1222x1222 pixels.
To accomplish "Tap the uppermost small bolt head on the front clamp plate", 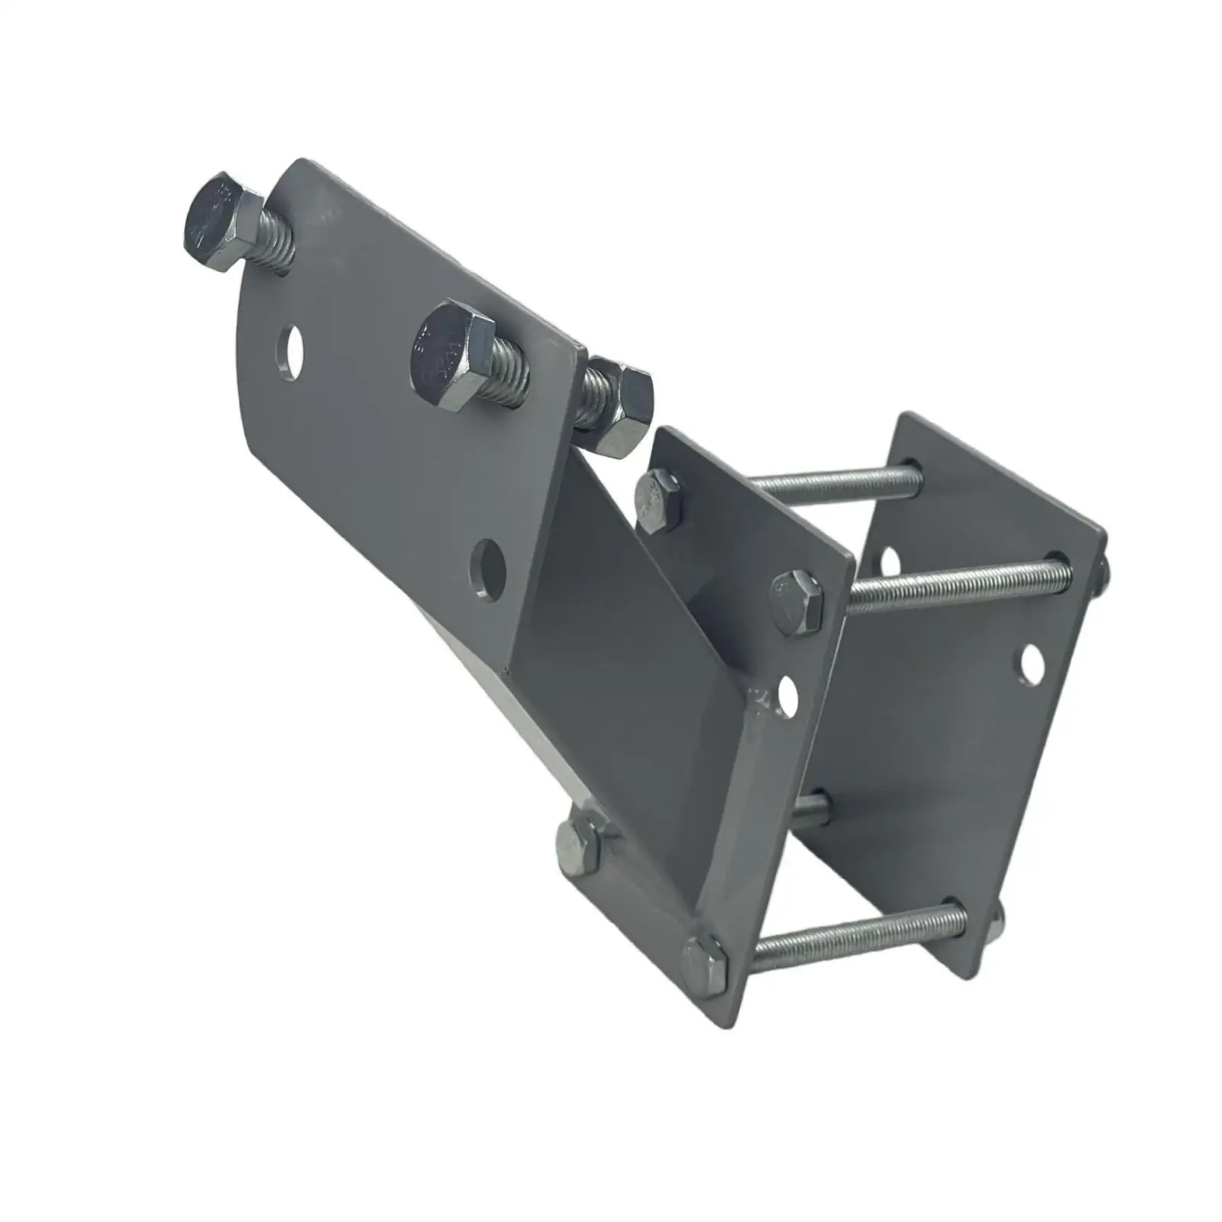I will coord(658,501).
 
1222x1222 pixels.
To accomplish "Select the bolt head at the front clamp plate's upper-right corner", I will coord(797,596).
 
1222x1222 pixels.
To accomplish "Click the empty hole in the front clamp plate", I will coord(787,695).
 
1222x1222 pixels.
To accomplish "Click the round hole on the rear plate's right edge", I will coord(1032,664).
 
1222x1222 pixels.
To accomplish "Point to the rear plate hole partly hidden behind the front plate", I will coord(889,562).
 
